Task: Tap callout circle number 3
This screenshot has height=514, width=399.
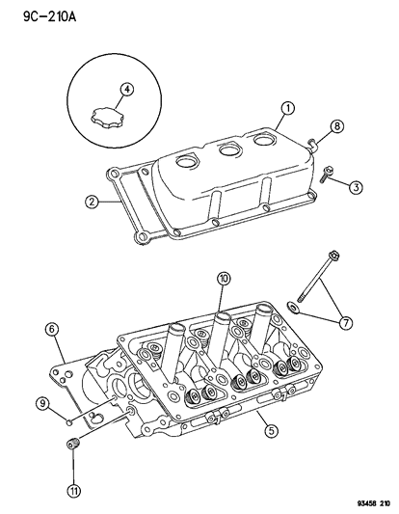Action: coord(356,186)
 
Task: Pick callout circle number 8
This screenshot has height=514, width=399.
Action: coord(336,126)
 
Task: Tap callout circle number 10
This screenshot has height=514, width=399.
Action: coord(223,280)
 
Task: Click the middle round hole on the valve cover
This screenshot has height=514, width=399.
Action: coord(228,150)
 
